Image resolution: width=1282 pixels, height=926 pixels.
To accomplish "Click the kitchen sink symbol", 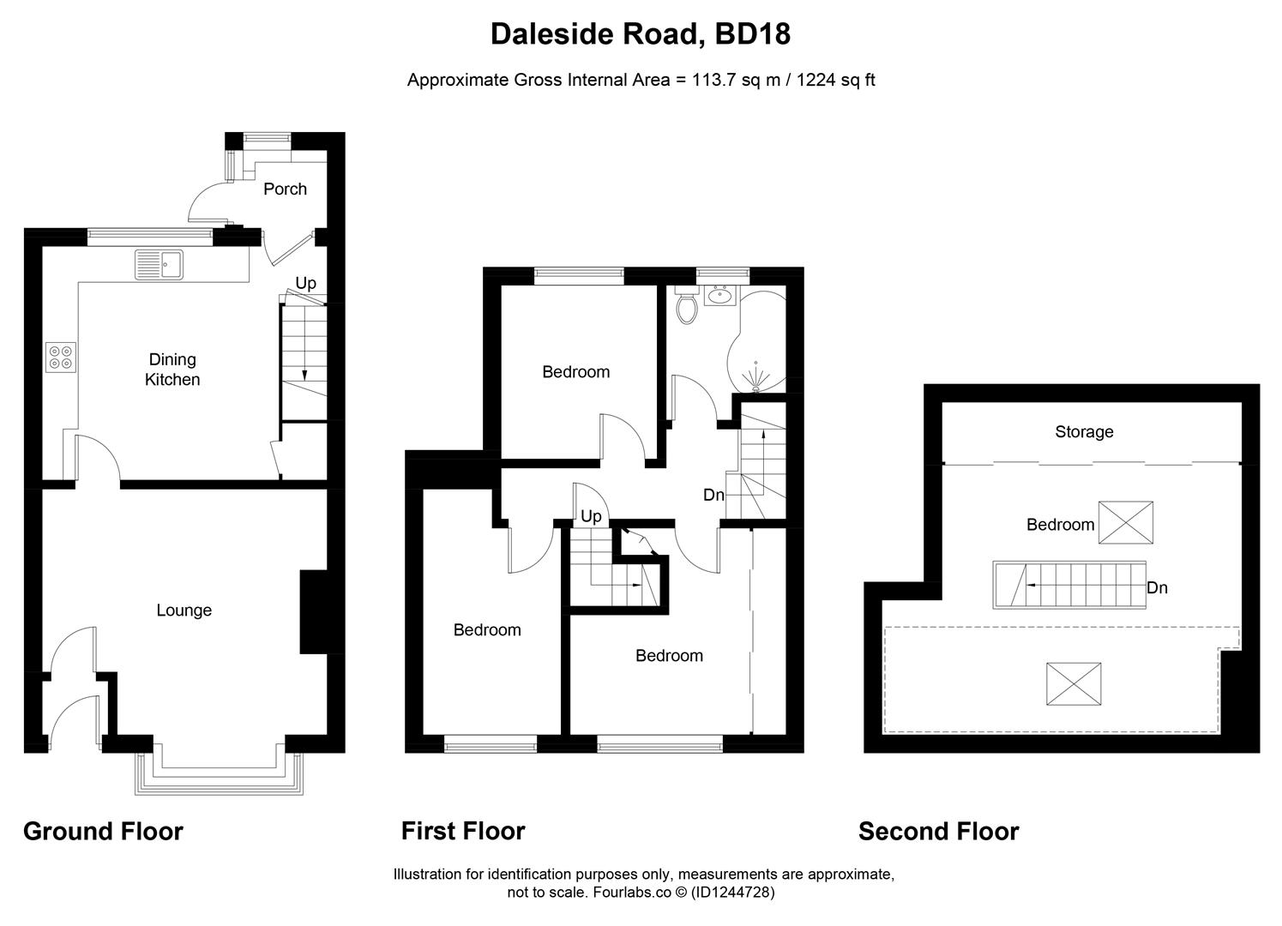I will tap(159, 265).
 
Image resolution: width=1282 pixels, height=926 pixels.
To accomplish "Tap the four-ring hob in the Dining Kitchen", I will tap(61, 357).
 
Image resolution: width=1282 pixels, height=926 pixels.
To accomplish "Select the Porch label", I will tap(285, 189).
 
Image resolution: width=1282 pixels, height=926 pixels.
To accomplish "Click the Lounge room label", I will tap(184, 610).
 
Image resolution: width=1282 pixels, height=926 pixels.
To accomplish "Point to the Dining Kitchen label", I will tap(172, 370).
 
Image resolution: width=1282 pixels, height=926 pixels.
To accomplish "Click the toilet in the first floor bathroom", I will tap(686, 305).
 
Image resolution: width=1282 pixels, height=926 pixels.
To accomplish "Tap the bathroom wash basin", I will tap(719, 297).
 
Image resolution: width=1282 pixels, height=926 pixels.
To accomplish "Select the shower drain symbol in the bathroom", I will tap(755, 376).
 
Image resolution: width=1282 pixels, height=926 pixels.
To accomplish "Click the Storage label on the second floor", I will tap(1084, 431).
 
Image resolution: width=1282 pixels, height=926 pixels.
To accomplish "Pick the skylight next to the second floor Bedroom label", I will tap(1126, 523).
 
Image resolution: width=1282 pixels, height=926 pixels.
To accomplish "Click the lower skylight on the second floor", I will tap(1074, 684).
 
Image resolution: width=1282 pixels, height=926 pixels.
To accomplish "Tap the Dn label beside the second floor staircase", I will tap(1157, 588).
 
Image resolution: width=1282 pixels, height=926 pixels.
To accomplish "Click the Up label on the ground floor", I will tap(306, 283).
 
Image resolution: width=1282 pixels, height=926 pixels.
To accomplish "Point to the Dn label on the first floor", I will tap(713, 495).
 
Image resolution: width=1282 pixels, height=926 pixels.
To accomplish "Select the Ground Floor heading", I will tap(103, 832).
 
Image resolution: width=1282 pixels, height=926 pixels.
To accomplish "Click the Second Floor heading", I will tap(938, 832).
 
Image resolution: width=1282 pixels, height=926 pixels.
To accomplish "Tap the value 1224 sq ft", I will tap(836, 81).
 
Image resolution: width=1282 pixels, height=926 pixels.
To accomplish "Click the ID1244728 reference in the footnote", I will tap(732, 893).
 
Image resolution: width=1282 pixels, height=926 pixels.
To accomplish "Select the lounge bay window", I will tap(219, 776).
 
